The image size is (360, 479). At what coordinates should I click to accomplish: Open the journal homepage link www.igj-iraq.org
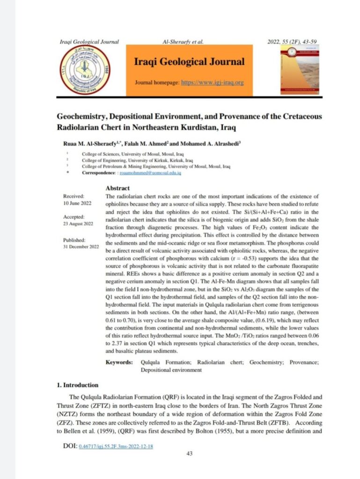pos(213,83)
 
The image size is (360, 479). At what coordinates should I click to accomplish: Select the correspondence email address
pos(150,173)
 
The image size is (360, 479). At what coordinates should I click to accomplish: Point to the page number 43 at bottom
pos(190,453)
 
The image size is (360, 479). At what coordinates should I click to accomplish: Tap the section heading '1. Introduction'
pos(77,385)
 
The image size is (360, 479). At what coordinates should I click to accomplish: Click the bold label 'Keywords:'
pos(119,362)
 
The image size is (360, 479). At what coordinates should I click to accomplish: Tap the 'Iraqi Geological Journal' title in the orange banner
pos(189,62)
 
